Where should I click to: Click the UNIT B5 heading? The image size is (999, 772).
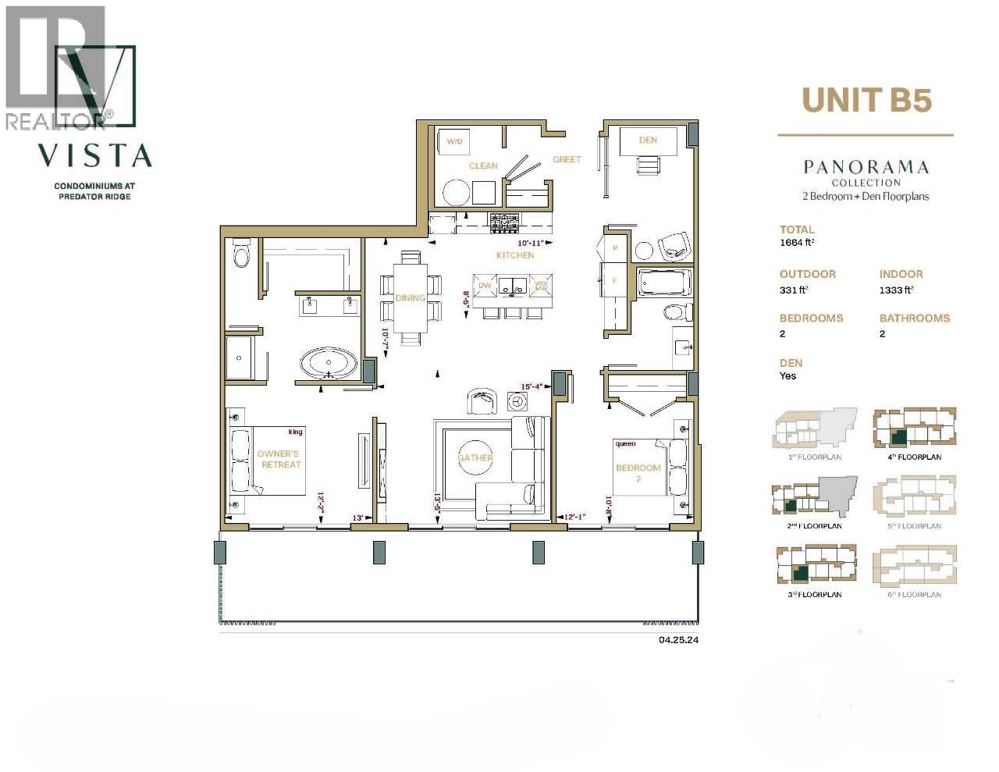866,100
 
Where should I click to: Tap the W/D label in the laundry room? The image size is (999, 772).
453,141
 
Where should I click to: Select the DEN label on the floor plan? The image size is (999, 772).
647,140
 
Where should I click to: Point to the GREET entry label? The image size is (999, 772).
567,159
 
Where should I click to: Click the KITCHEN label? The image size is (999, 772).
515,255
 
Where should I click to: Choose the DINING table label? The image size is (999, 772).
410,297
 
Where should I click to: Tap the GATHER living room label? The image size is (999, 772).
475,457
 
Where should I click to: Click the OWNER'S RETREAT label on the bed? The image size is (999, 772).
279,459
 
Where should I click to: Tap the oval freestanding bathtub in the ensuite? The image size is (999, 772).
329,364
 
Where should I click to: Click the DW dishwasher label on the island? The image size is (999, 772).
485,286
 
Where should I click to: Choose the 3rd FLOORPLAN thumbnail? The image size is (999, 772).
814,565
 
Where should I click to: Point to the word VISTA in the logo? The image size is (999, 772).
95,155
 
